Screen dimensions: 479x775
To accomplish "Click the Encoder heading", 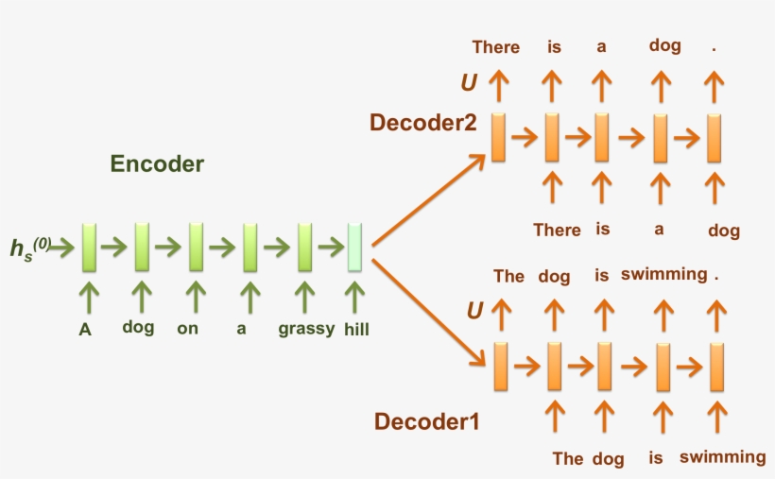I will pyautogui.click(x=157, y=163).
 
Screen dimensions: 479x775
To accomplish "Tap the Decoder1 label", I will pyautogui.click(x=426, y=421).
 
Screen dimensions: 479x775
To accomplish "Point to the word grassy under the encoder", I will pyautogui.click(x=303, y=330).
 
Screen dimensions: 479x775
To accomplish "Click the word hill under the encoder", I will pyautogui.click(x=356, y=330).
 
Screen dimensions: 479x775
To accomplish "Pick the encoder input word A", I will pyautogui.click(x=85, y=330).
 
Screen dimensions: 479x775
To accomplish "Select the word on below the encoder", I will pyautogui.click(x=187, y=330).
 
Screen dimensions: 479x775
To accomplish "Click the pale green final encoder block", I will pyautogui.click(x=354, y=248).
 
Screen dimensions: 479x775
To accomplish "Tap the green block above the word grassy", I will pyautogui.click(x=304, y=248).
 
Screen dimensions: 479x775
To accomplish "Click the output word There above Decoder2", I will pyautogui.click(x=496, y=47).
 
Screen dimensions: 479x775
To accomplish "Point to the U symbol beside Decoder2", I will pyautogui.click(x=469, y=83).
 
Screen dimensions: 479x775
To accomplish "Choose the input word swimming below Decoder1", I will pyautogui.click(x=722, y=457).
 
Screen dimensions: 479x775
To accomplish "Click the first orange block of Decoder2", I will pyautogui.click(x=498, y=135).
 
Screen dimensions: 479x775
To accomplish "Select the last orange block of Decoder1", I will pyautogui.click(x=717, y=367).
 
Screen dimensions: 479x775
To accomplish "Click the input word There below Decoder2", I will pyautogui.click(x=557, y=230).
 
